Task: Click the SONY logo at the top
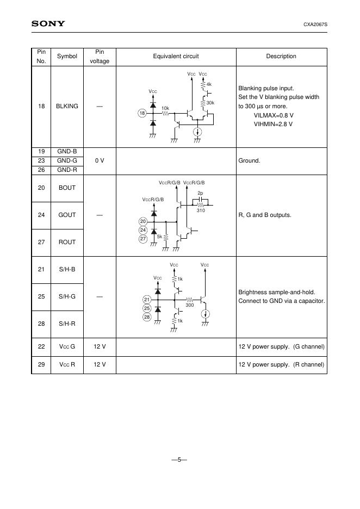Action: pos(48,23)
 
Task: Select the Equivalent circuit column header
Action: pos(176,56)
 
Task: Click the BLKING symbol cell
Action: pos(67,106)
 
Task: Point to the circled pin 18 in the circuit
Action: pos(142,113)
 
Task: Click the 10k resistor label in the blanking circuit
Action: pos(165,108)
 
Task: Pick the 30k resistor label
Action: pos(210,103)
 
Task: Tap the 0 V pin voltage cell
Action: pos(100,161)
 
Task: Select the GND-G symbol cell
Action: pos(67,161)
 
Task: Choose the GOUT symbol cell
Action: pos(67,215)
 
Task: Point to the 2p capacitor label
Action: pos(200,194)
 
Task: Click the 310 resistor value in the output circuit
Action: pos(201,210)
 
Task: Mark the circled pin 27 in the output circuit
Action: pos(143,239)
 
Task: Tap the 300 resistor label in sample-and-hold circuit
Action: pos(189,305)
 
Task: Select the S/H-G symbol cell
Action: pos(67,296)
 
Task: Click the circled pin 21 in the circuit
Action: pos(146,300)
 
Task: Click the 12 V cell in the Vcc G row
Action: pos(100,346)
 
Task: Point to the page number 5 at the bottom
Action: pos(179,460)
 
